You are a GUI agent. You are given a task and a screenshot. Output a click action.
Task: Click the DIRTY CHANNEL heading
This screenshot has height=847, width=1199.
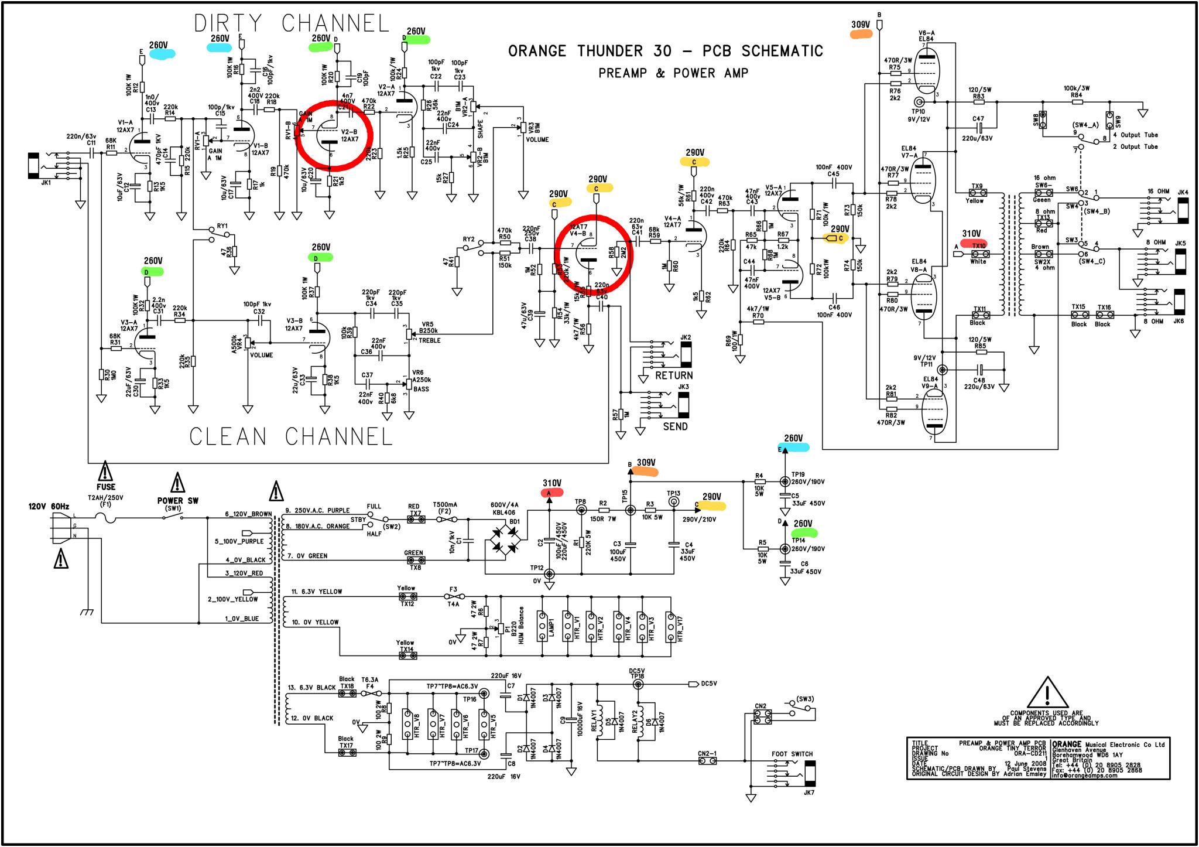(x=292, y=23)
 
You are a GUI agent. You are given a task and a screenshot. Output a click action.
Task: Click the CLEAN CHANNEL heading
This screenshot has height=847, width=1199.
(x=291, y=436)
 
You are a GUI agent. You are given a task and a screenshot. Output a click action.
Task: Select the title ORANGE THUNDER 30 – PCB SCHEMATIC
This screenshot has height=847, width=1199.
(x=665, y=52)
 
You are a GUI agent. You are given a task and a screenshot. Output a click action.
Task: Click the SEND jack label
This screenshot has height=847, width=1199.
(x=675, y=426)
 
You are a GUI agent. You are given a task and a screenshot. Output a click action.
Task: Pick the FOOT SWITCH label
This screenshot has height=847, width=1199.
(x=792, y=754)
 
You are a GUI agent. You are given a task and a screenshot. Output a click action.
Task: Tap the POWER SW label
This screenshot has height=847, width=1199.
(x=177, y=501)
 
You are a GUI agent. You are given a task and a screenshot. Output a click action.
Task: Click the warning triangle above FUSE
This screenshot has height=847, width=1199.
(x=105, y=470)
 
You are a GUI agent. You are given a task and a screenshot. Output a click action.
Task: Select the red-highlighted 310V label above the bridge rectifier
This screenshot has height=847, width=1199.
(x=551, y=484)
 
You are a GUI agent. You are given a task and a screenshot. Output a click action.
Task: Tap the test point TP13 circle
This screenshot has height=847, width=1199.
(x=673, y=510)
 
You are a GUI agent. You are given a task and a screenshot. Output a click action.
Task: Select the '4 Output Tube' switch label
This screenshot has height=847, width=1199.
(x=1134, y=135)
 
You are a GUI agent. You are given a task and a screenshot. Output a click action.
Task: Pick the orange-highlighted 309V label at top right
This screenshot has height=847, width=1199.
(x=861, y=26)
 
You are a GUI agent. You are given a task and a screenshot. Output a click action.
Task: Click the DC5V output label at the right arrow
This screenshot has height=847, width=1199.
(x=708, y=684)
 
